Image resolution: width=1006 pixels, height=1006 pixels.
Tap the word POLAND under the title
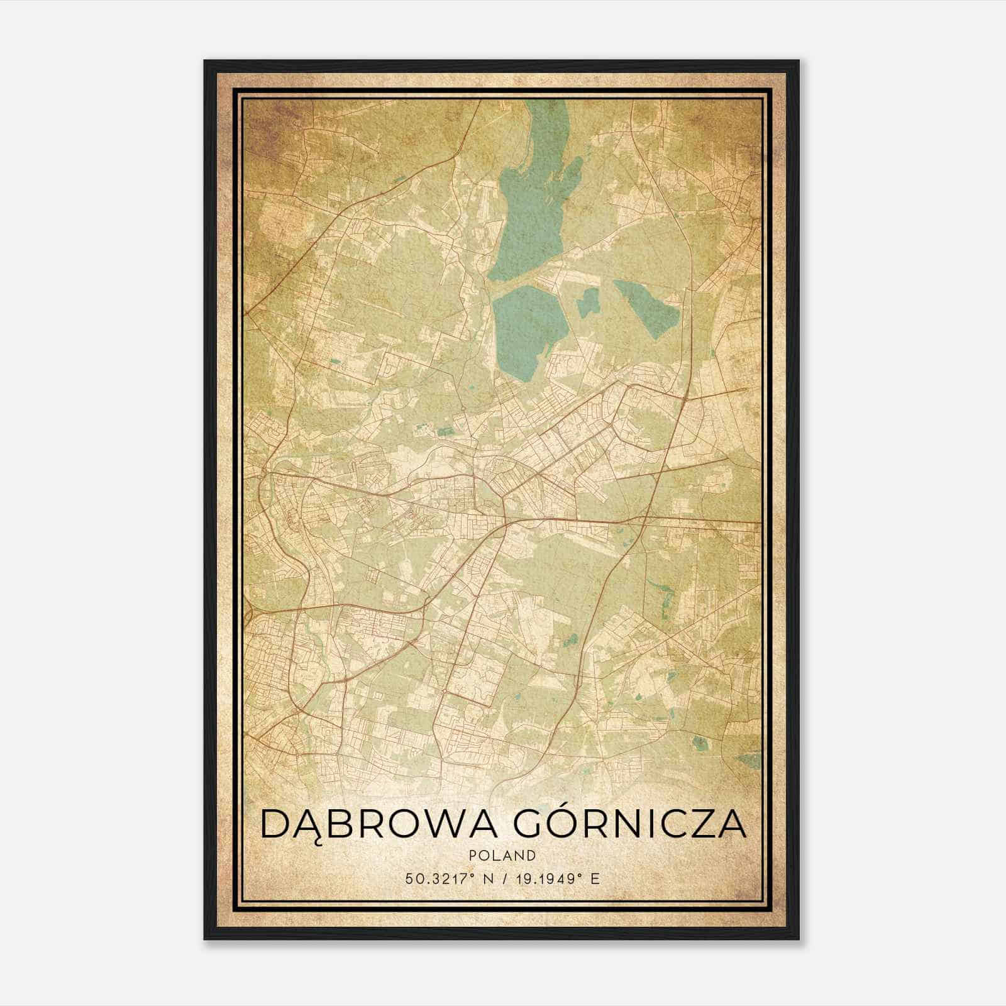pos(502,856)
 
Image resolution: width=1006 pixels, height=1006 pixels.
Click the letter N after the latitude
pos(485,878)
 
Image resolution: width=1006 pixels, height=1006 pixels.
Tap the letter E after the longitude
pos(595,878)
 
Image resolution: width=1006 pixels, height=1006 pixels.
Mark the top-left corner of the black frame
pos(205,61)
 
